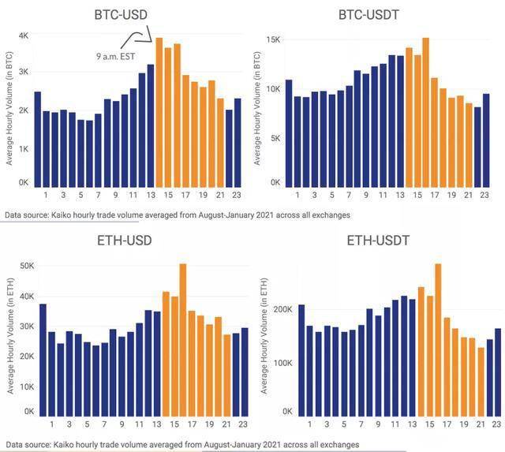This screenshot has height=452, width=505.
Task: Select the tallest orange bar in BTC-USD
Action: click(159, 110)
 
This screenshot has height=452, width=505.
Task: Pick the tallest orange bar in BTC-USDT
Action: click(425, 110)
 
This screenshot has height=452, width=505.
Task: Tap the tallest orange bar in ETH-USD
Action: click(182, 339)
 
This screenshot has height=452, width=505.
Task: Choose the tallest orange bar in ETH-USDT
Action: click(438, 339)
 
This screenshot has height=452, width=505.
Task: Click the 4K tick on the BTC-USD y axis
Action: click(24, 36)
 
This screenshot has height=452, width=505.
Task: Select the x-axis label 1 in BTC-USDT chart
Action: click(297, 195)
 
